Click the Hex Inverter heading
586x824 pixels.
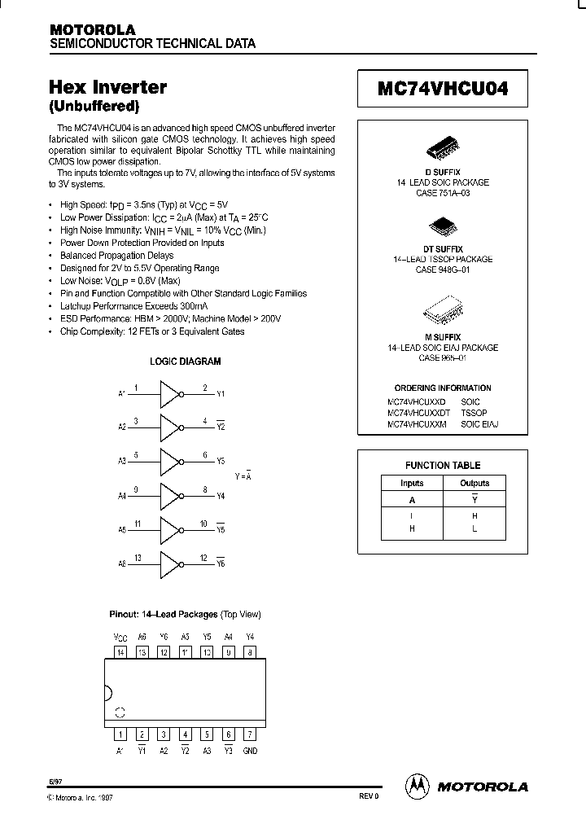point(108,87)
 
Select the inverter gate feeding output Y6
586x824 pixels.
point(169,563)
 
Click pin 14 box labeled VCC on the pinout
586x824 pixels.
point(120,651)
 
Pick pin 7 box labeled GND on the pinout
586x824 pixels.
point(250,734)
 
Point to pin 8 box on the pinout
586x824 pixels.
point(250,651)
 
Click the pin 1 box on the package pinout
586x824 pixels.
point(120,734)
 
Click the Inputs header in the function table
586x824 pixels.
point(412,483)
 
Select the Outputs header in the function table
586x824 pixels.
point(474,483)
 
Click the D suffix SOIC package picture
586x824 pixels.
point(442,152)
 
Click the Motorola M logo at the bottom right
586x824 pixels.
point(416,786)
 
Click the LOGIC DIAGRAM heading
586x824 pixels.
point(185,362)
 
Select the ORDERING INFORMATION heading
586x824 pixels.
point(443,388)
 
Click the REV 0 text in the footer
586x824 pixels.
point(369,797)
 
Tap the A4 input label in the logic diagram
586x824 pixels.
point(121,496)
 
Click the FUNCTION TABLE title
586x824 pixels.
point(443,466)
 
